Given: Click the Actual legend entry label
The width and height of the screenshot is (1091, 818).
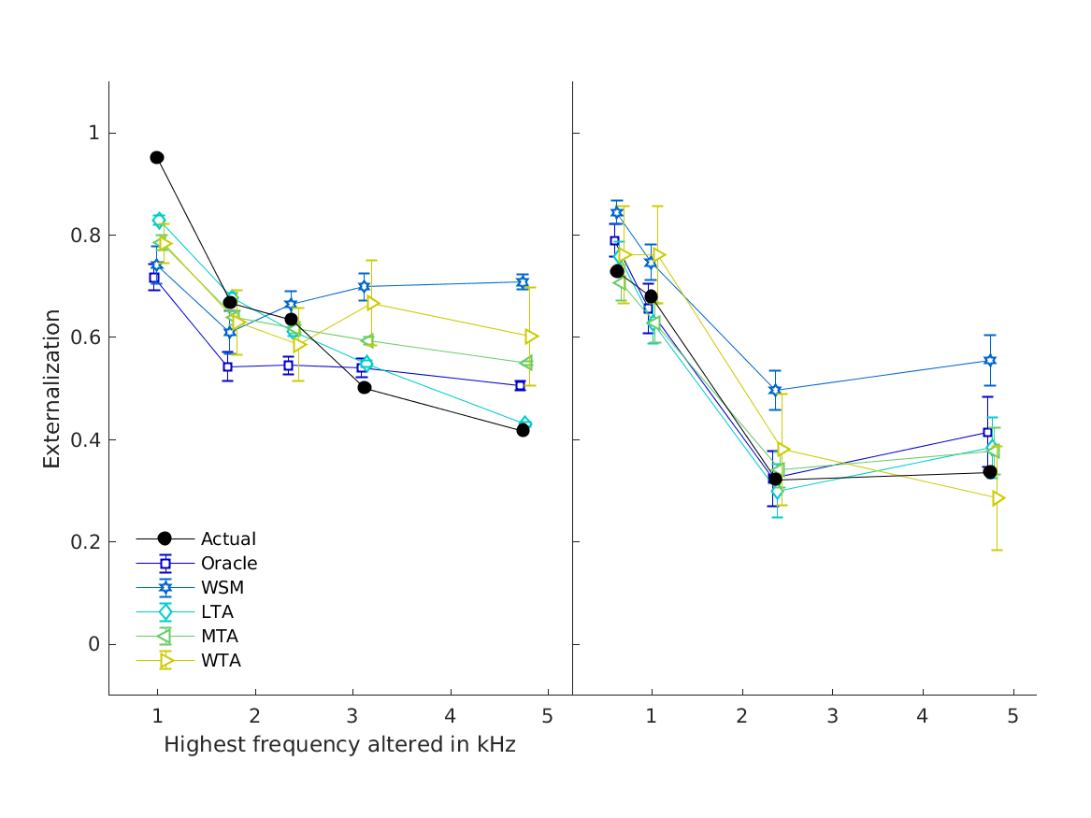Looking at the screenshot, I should [228, 538].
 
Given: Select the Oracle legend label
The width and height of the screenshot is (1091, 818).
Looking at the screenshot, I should [229, 563].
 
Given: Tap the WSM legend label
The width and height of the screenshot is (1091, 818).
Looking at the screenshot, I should [223, 588].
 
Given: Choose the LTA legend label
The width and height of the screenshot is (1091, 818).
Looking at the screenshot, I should [217, 612].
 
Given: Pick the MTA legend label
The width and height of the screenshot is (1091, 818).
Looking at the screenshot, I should [220, 637].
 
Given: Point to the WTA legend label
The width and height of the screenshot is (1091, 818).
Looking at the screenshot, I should [221, 661].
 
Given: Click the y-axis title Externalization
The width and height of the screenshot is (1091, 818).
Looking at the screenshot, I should [52, 388].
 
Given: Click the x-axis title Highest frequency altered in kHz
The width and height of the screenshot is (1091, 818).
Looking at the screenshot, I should [339, 745].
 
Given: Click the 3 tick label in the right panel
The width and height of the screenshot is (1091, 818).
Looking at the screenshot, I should [832, 716].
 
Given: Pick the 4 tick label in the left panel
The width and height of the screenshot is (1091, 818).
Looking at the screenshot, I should [451, 716].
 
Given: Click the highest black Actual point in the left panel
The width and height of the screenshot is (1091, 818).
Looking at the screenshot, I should [157, 157].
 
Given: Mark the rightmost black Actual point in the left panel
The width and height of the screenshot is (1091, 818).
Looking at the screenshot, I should [523, 430].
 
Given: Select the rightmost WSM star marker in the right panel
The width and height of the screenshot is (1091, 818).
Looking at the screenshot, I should [990, 360].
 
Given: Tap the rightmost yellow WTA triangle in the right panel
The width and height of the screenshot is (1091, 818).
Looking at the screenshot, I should [998, 498].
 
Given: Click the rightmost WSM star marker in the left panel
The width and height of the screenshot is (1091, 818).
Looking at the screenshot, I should [523, 281].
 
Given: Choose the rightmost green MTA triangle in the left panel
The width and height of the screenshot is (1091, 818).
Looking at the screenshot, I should [526, 363].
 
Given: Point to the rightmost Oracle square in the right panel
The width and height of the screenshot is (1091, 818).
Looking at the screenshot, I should [987, 432].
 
